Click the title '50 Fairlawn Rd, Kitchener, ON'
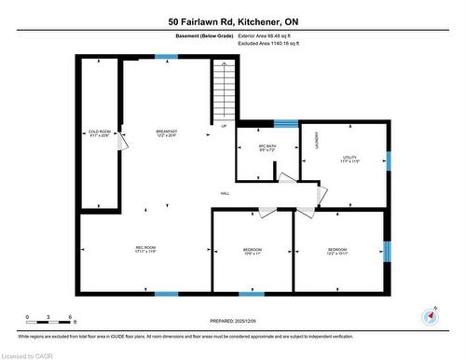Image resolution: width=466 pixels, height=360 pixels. [234, 21]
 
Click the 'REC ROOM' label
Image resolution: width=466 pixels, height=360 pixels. [144, 247]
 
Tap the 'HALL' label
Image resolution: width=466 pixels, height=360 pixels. [225, 193]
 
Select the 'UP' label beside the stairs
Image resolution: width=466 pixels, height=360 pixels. [224, 127]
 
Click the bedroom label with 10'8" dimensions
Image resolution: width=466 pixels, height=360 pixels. [253, 252]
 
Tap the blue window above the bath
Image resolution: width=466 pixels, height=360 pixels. [285, 122]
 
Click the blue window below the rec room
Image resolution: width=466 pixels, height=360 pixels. [166, 294]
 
